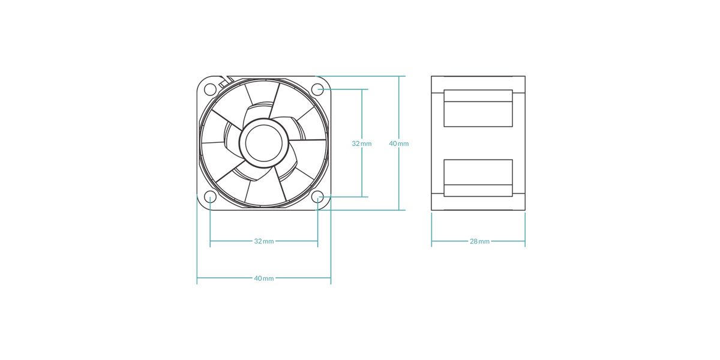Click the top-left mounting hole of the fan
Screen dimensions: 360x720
click(x=210, y=89)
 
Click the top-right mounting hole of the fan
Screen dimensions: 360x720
click(x=318, y=89)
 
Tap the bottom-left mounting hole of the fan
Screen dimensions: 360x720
click(x=210, y=197)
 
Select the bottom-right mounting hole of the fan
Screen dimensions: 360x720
click(x=318, y=197)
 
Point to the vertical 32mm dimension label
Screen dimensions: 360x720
click(x=361, y=143)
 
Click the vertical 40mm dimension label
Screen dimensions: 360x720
click(x=399, y=143)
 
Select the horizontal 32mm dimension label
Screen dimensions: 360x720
click(x=264, y=241)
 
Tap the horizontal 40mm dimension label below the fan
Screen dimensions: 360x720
click(x=264, y=278)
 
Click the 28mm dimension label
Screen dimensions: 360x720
click(x=479, y=241)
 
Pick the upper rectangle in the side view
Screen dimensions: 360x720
click(x=478, y=108)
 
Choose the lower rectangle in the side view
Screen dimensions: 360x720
click(x=478, y=178)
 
